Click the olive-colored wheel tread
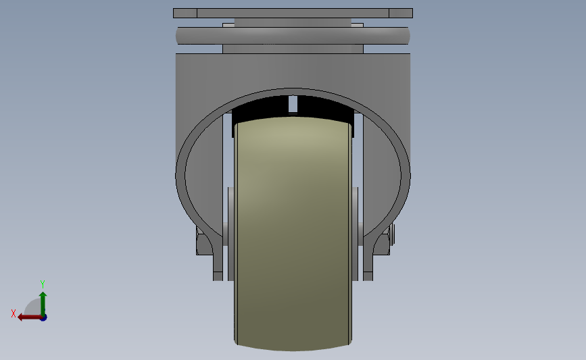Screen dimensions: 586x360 (293, 234)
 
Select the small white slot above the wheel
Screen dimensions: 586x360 (293, 104)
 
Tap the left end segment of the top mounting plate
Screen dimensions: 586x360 (185, 13)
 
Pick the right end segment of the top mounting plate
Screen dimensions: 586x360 (401, 13)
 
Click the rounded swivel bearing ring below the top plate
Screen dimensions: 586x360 (293, 36)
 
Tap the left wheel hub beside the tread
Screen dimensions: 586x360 (230, 234)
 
